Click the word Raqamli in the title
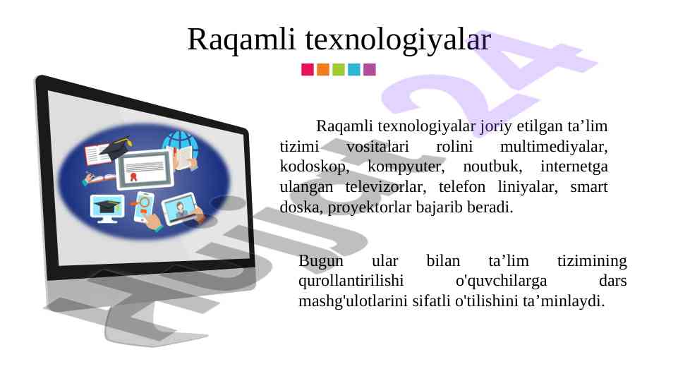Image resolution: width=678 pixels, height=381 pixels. (241, 40)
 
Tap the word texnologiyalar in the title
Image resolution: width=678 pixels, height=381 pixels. (398, 40)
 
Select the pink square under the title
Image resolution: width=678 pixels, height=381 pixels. (308, 70)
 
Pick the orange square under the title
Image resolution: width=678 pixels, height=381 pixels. (323, 70)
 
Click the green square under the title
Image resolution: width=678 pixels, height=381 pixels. (339, 70)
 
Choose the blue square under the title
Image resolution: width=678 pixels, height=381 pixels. (354, 70)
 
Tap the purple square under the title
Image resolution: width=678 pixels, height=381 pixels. (370, 70)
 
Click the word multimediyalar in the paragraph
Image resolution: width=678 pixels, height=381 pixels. (554, 147)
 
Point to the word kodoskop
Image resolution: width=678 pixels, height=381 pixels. (315, 167)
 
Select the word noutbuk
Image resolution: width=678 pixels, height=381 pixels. (492, 167)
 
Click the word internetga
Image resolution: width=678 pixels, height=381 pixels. (574, 167)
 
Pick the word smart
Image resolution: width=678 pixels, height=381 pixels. (589, 187)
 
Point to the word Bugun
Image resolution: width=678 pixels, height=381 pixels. (321, 261)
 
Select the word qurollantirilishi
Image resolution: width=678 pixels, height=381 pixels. (351, 281)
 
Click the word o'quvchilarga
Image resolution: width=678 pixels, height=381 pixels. (501, 281)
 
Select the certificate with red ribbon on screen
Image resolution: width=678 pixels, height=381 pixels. (145, 169)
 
